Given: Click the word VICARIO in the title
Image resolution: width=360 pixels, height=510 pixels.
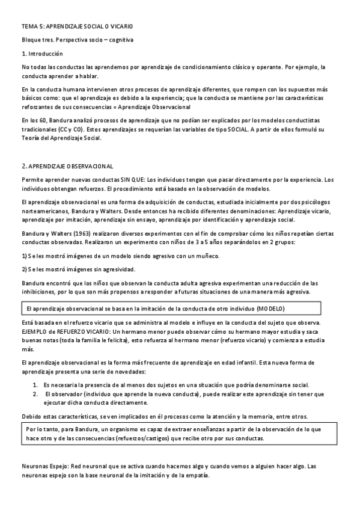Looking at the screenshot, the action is coord(121,27).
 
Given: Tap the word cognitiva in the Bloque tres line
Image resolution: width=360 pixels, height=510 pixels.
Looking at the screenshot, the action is coord(119,40).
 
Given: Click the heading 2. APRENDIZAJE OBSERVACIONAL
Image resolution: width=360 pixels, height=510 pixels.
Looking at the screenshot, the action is coord(67,165).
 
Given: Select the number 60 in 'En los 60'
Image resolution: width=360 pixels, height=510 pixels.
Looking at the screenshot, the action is coord(46,120).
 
